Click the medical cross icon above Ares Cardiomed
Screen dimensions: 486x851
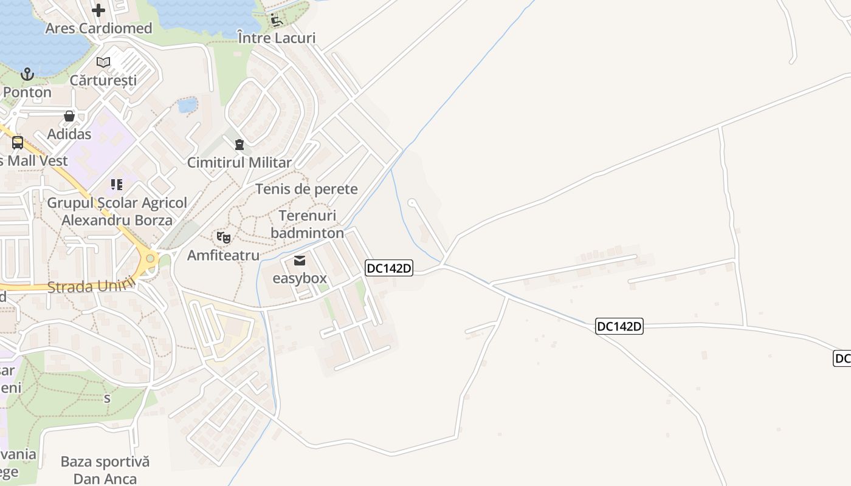(x=98, y=10)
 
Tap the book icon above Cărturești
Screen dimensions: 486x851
(x=103, y=62)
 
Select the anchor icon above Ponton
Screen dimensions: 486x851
(x=27, y=75)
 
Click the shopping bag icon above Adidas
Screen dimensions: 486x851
(x=69, y=116)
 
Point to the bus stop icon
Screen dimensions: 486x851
(x=18, y=143)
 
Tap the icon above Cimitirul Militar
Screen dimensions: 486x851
(x=239, y=145)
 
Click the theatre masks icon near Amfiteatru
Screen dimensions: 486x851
(x=224, y=238)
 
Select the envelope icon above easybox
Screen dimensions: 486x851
(x=300, y=261)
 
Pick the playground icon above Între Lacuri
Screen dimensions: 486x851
(x=277, y=20)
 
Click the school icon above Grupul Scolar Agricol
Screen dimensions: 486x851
(x=117, y=185)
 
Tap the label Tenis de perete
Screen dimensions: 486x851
(x=306, y=189)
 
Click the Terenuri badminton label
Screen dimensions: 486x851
(x=307, y=224)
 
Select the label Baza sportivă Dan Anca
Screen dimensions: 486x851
(x=105, y=470)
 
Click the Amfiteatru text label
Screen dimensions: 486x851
(x=223, y=255)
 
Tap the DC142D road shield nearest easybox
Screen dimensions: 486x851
(x=389, y=268)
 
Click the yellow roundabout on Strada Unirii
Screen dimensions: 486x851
(x=148, y=259)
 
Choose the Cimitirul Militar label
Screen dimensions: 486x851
(x=239, y=163)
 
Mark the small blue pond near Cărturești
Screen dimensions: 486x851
(x=187, y=105)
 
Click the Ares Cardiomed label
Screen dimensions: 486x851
(x=98, y=29)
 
